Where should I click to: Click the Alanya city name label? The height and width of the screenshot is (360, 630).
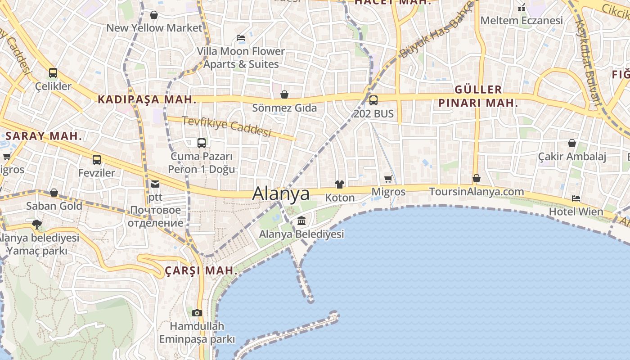(x=281, y=193)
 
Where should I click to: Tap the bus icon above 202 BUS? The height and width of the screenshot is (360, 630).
(x=373, y=100)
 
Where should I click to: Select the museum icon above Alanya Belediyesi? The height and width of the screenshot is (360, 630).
(x=301, y=221)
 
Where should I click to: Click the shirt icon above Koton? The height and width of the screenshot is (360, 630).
(x=340, y=184)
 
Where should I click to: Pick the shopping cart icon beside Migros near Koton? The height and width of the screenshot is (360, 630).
(x=388, y=179)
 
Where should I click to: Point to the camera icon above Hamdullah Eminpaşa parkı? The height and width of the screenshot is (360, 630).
(x=197, y=313)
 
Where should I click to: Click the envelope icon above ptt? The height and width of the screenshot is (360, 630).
(x=155, y=184)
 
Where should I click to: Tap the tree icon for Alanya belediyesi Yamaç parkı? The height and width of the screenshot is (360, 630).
(x=37, y=224)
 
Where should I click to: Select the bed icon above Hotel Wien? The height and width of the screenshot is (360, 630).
(x=576, y=198)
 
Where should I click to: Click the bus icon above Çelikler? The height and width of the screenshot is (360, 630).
(x=53, y=72)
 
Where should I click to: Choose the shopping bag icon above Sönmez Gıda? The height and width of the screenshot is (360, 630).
(x=284, y=94)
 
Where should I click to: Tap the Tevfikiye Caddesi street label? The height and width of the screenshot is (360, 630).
(x=227, y=126)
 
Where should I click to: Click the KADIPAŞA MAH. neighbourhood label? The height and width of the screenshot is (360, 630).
(x=148, y=99)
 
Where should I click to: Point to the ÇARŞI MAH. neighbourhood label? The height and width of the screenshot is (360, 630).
(x=201, y=270)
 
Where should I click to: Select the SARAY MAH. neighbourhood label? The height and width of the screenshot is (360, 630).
(x=44, y=136)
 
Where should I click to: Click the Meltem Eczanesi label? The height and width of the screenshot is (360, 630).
(x=522, y=20)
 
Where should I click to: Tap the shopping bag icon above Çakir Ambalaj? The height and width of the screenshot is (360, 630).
(x=572, y=143)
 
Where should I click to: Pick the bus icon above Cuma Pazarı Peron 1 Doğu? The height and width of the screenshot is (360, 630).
(x=202, y=143)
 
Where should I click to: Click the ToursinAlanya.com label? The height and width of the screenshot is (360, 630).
(x=477, y=192)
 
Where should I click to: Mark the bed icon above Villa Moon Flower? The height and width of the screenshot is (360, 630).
(x=241, y=38)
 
